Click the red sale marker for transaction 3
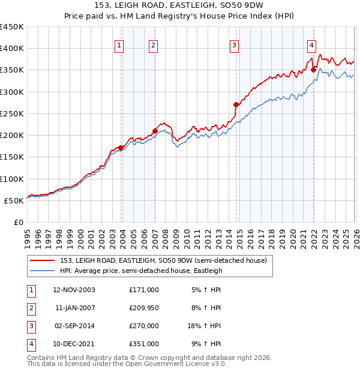[x=236, y=104]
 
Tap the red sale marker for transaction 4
[x=313, y=70]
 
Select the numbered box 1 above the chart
[x=120, y=44]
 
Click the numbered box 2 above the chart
[x=154, y=44]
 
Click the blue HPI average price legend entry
[x=141, y=271]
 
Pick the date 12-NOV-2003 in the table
[x=74, y=290]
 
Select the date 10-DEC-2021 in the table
[x=74, y=344]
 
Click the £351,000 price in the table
[x=144, y=344]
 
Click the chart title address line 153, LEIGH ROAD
[x=180, y=5]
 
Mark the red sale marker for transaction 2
[x=155, y=131]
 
